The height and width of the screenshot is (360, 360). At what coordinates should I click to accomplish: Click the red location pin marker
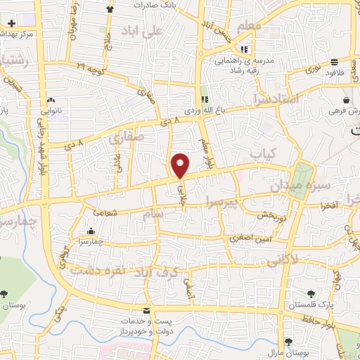pos(181,166)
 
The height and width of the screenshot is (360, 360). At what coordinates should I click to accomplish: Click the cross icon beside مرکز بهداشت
pos(11,23)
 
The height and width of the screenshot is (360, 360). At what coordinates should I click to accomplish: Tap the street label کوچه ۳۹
pos(90,67)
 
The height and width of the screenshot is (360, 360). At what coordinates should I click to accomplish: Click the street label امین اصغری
pos(252,240)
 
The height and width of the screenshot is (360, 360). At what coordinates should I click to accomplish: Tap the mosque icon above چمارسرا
pos(90,231)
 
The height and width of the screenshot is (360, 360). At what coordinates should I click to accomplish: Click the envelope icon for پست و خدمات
pos(146,311)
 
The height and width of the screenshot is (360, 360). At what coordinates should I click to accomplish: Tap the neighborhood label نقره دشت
pos(101,266)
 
